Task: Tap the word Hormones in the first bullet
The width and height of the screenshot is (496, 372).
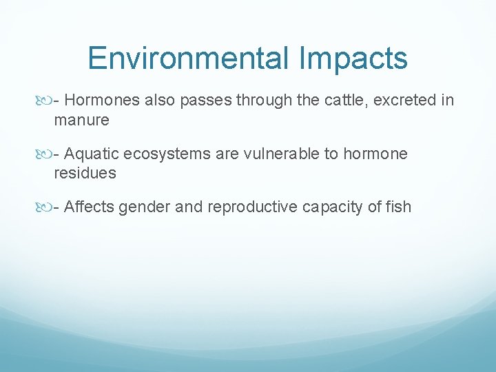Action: pyautogui.click(x=103, y=101)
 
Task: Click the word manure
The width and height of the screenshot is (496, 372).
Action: pyautogui.click(x=81, y=121)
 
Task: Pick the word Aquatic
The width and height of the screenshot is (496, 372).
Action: pyautogui.click(x=92, y=154)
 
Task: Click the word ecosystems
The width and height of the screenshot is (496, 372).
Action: pyautogui.click(x=167, y=154)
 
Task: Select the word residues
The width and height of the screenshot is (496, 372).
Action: pyautogui.click(x=85, y=174)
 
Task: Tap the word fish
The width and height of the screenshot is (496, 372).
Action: pyautogui.click(x=398, y=207)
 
